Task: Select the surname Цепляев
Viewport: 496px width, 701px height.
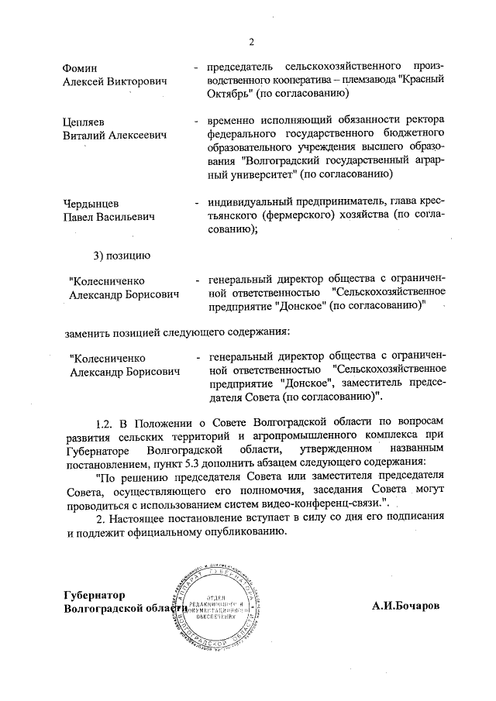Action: [x=83, y=122]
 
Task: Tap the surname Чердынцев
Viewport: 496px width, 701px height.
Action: [x=90, y=204]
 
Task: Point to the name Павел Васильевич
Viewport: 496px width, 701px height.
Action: [x=109, y=217]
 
